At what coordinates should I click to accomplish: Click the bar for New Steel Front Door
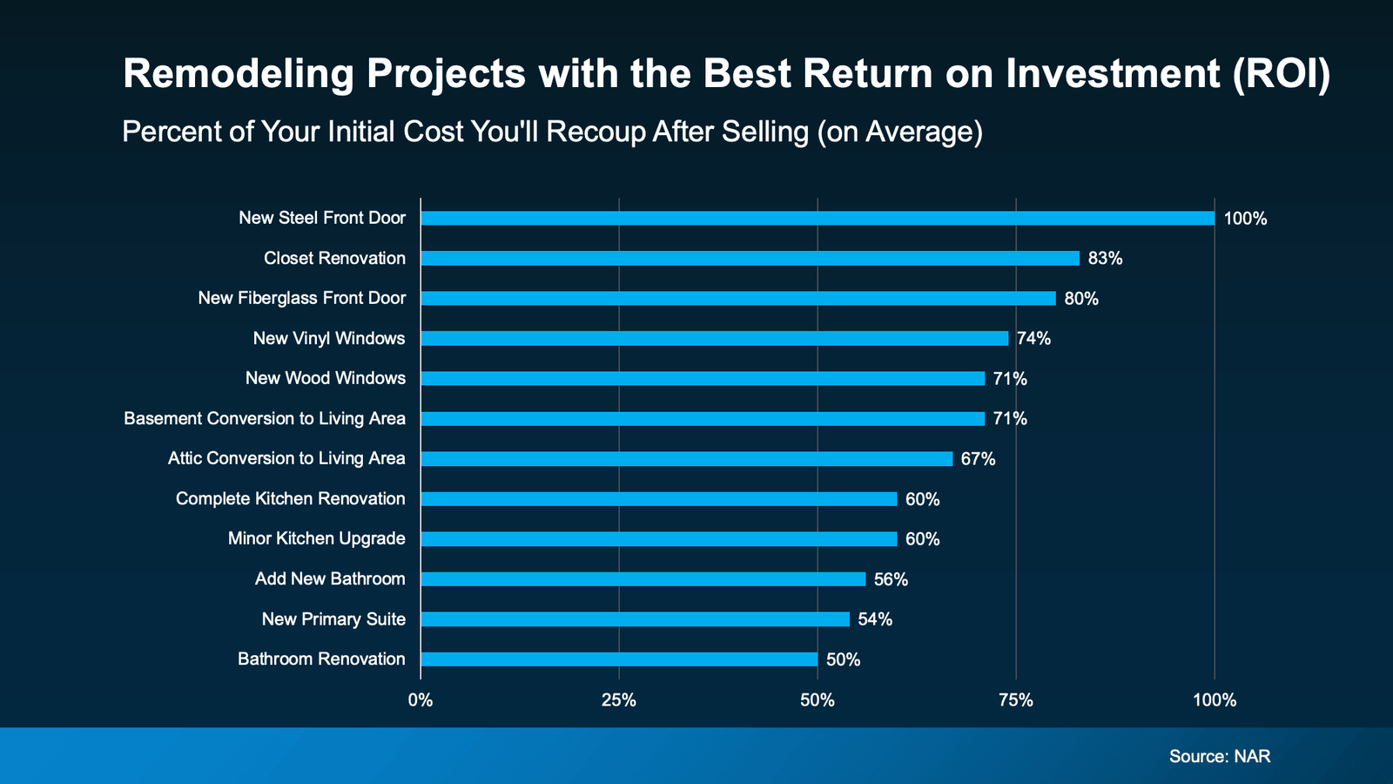[x=817, y=218]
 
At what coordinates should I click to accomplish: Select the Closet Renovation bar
[x=750, y=258]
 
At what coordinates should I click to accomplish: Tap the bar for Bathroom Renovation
[x=619, y=659]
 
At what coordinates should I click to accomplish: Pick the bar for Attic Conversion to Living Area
[x=686, y=458]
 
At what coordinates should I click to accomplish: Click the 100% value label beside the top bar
[x=1245, y=219]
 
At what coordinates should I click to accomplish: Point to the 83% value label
[x=1105, y=259]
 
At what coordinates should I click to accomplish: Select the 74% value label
[x=1033, y=339]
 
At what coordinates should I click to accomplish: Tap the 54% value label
[x=875, y=619]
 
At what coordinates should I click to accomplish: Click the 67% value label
[x=978, y=459]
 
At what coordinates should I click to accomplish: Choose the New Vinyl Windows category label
[x=329, y=338]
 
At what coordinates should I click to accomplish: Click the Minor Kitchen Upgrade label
[x=317, y=538]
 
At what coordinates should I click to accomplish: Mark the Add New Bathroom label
[x=330, y=578]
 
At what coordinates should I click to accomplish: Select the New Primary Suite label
[x=333, y=618]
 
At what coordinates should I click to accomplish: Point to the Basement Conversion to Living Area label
[x=265, y=418]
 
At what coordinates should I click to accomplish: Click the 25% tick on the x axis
[x=619, y=700]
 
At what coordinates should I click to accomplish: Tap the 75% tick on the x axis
[x=1015, y=700]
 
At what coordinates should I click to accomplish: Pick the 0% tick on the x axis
[x=421, y=700]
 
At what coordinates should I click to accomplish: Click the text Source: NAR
[x=1220, y=756]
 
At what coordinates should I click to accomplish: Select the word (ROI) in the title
[x=1281, y=74]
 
